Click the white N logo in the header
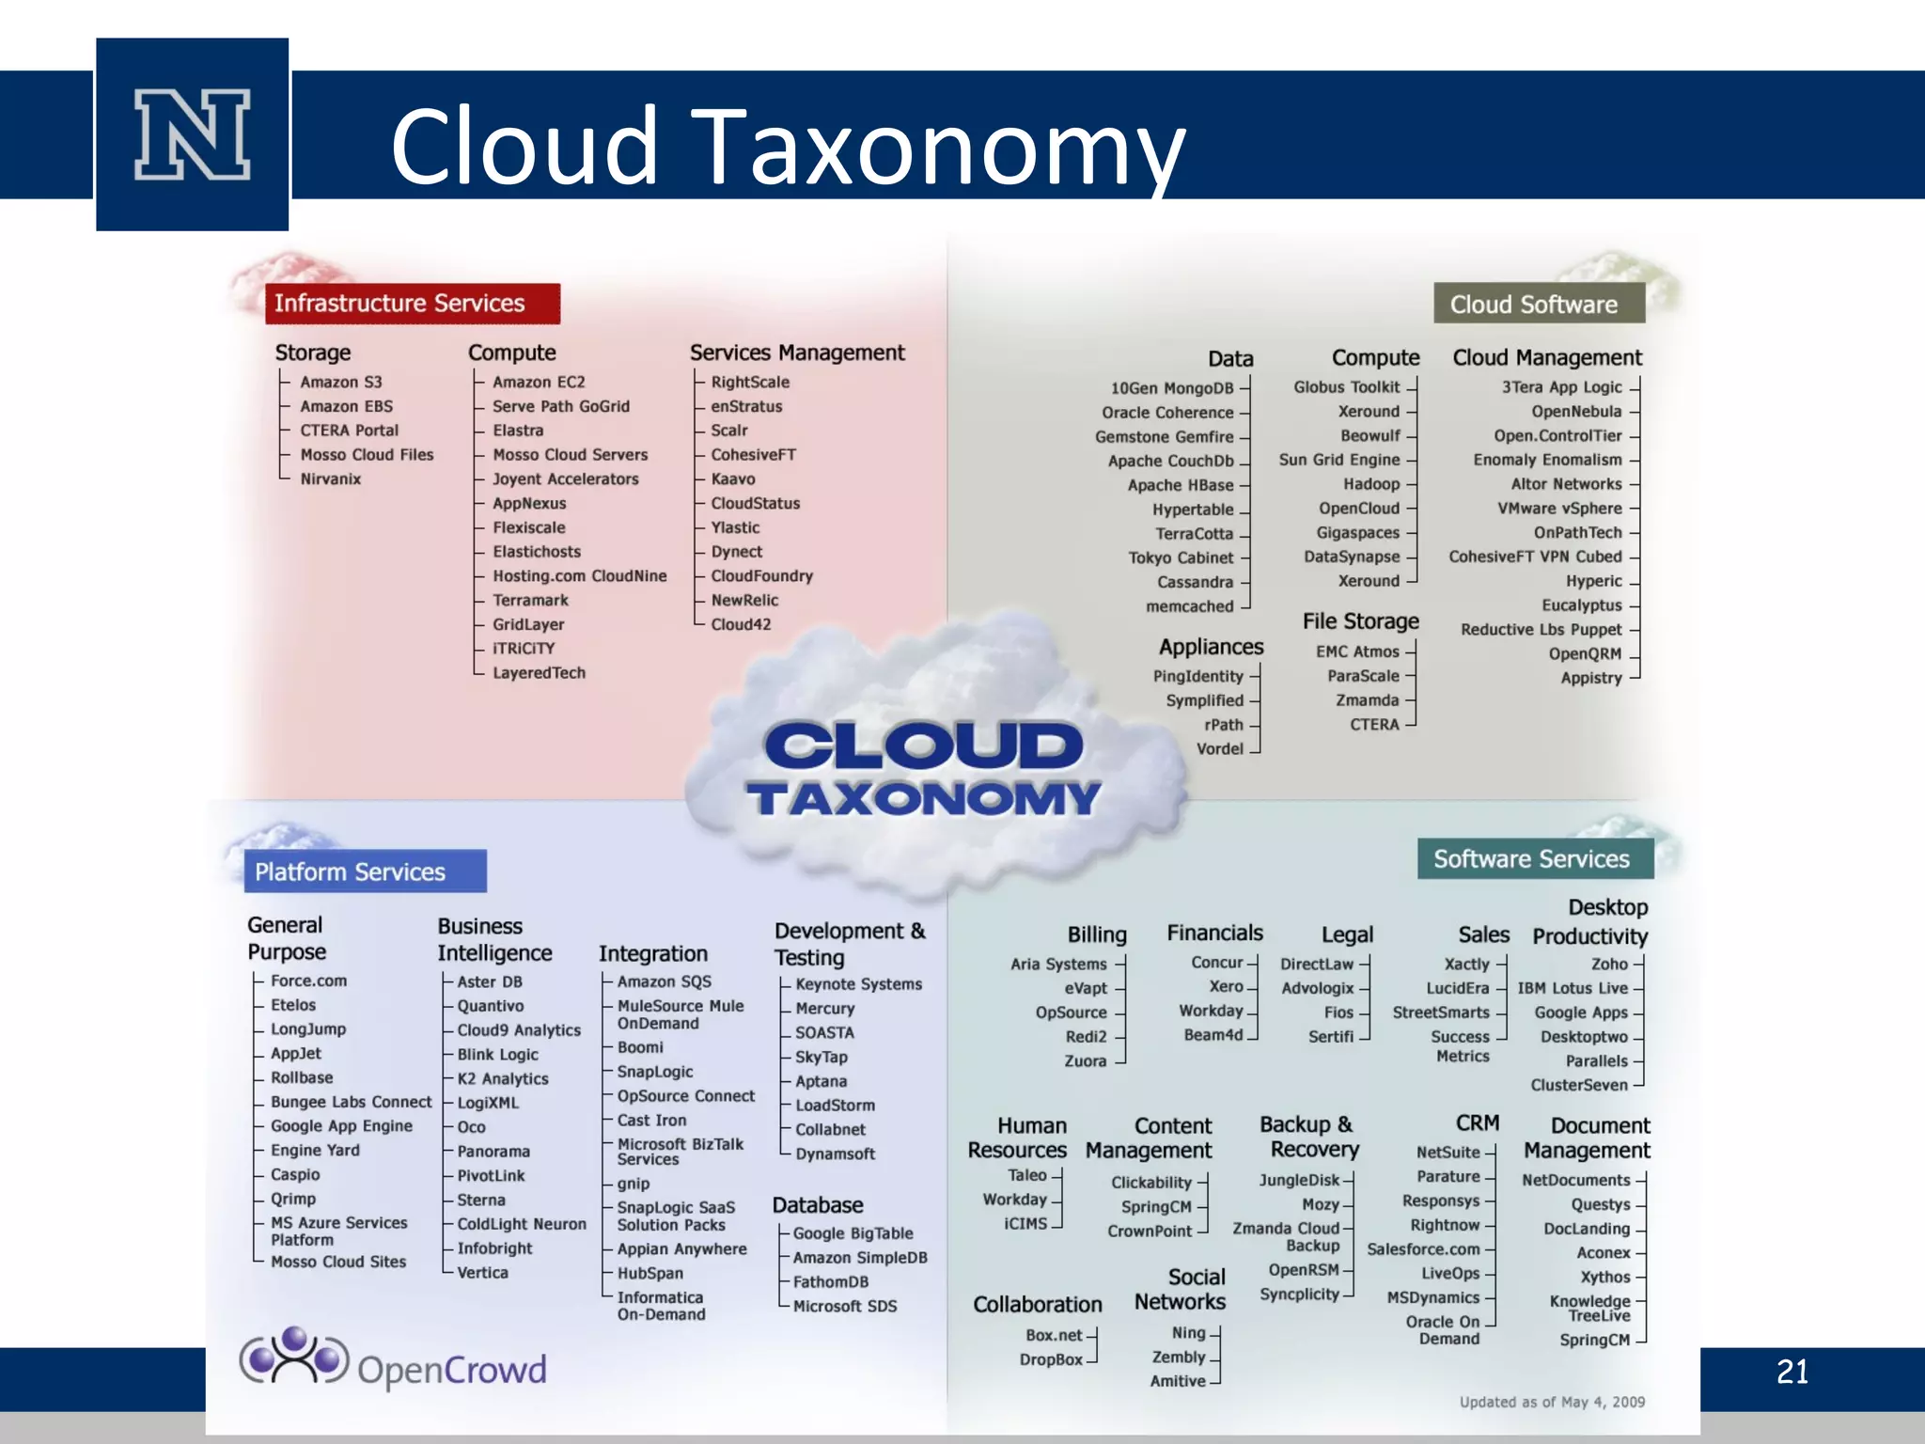pos(193,134)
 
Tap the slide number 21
pos(1792,1372)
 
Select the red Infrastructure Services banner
pos(412,303)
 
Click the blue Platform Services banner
pos(365,871)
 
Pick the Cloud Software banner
pos(1539,304)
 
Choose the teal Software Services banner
pos(1535,858)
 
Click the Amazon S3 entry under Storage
pos(340,382)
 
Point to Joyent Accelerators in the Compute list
pos(565,479)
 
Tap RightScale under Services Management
pos(749,382)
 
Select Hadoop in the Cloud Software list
pos(1371,484)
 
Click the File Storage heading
pos(1360,621)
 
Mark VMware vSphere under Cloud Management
pos(1559,509)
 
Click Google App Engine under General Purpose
pos(341,1126)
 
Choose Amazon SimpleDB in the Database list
pos(859,1258)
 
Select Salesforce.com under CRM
pos(1423,1249)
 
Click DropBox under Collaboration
pos(1051,1359)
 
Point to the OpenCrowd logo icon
pos(293,1356)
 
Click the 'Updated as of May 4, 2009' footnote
pos(1552,1402)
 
